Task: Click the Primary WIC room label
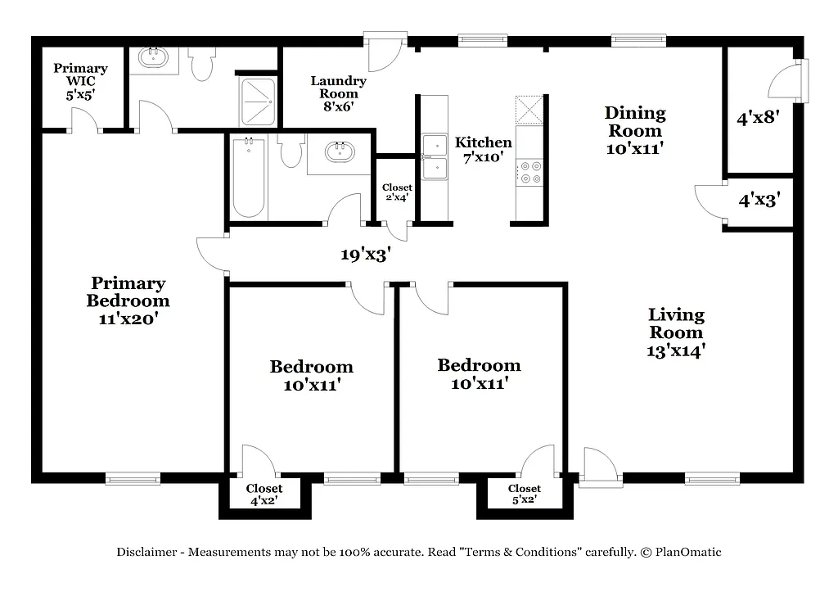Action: pos(80,81)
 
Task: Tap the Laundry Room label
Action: pos(338,93)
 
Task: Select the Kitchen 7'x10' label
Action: pos(484,149)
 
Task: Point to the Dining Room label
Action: pos(635,130)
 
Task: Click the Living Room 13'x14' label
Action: pos(676,332)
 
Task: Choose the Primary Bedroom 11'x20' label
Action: pos(128,300)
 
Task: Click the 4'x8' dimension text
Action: pos(758,118)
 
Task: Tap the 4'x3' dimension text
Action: pos(759,198)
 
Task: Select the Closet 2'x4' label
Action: pos(398,192)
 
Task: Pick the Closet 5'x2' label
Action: pos(524,494)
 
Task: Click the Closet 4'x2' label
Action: pos(264,494)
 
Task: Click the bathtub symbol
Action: pos(248,177)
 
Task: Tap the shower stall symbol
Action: pos(257,101)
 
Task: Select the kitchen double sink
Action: pos(435,156)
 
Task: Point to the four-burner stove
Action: pos(529,170)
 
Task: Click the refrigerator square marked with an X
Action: pos(529,110)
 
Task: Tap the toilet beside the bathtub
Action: pos(291,151)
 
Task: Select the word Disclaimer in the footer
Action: pos(146,553)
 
